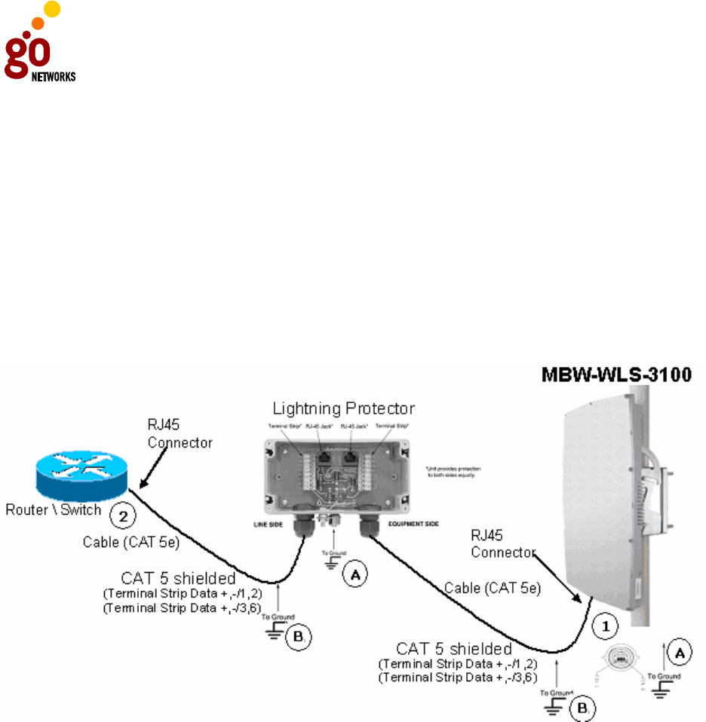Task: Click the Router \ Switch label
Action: pyautogui.click(x=54, y=509)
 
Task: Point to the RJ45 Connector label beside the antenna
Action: pyautogui.click(x=500, y=546)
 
